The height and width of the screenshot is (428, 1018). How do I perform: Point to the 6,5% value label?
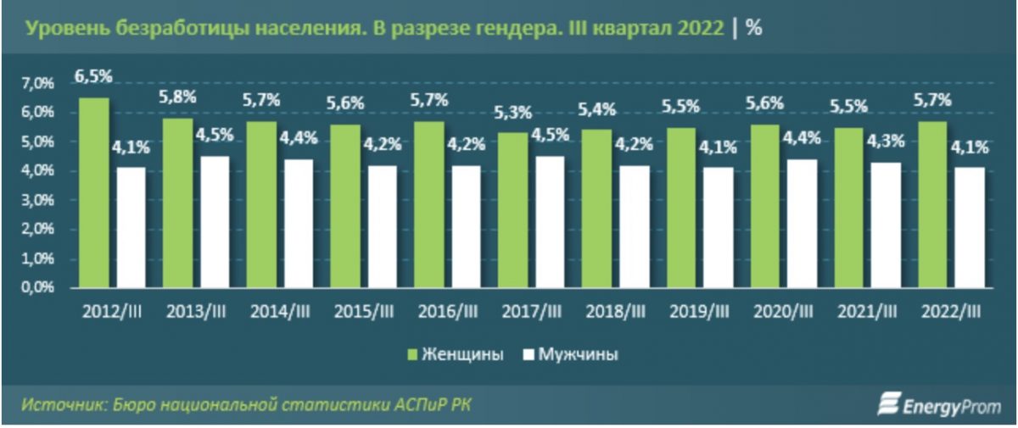93,77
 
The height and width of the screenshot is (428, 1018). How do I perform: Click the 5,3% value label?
512,112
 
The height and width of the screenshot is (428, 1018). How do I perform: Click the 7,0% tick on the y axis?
36,83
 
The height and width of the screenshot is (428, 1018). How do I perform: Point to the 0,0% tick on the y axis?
36,287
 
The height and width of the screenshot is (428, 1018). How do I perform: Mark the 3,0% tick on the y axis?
36,200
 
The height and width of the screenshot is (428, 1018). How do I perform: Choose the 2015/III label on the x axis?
365,313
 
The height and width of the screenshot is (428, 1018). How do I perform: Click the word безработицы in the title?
162,27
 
